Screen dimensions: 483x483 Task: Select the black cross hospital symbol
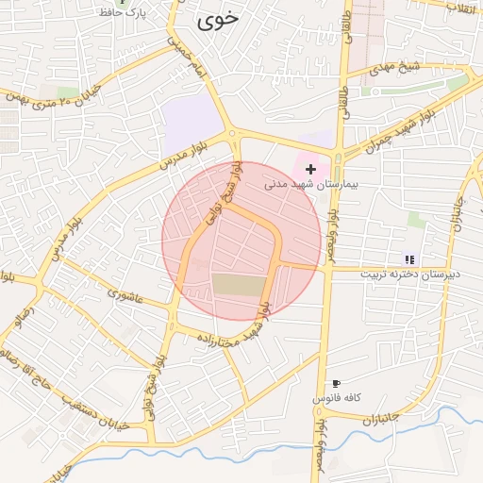pyautogui.click(x=311, y=168)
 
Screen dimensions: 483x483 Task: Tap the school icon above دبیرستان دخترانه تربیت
pyautogui.click(x=409, y=258)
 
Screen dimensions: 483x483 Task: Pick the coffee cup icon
pyautogui.click(x=336, y=384)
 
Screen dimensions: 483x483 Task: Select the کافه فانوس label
pyautogui.click(x=338, y=399)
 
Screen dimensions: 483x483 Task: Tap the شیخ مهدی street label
pyautogui.click(x=395, y=69)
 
